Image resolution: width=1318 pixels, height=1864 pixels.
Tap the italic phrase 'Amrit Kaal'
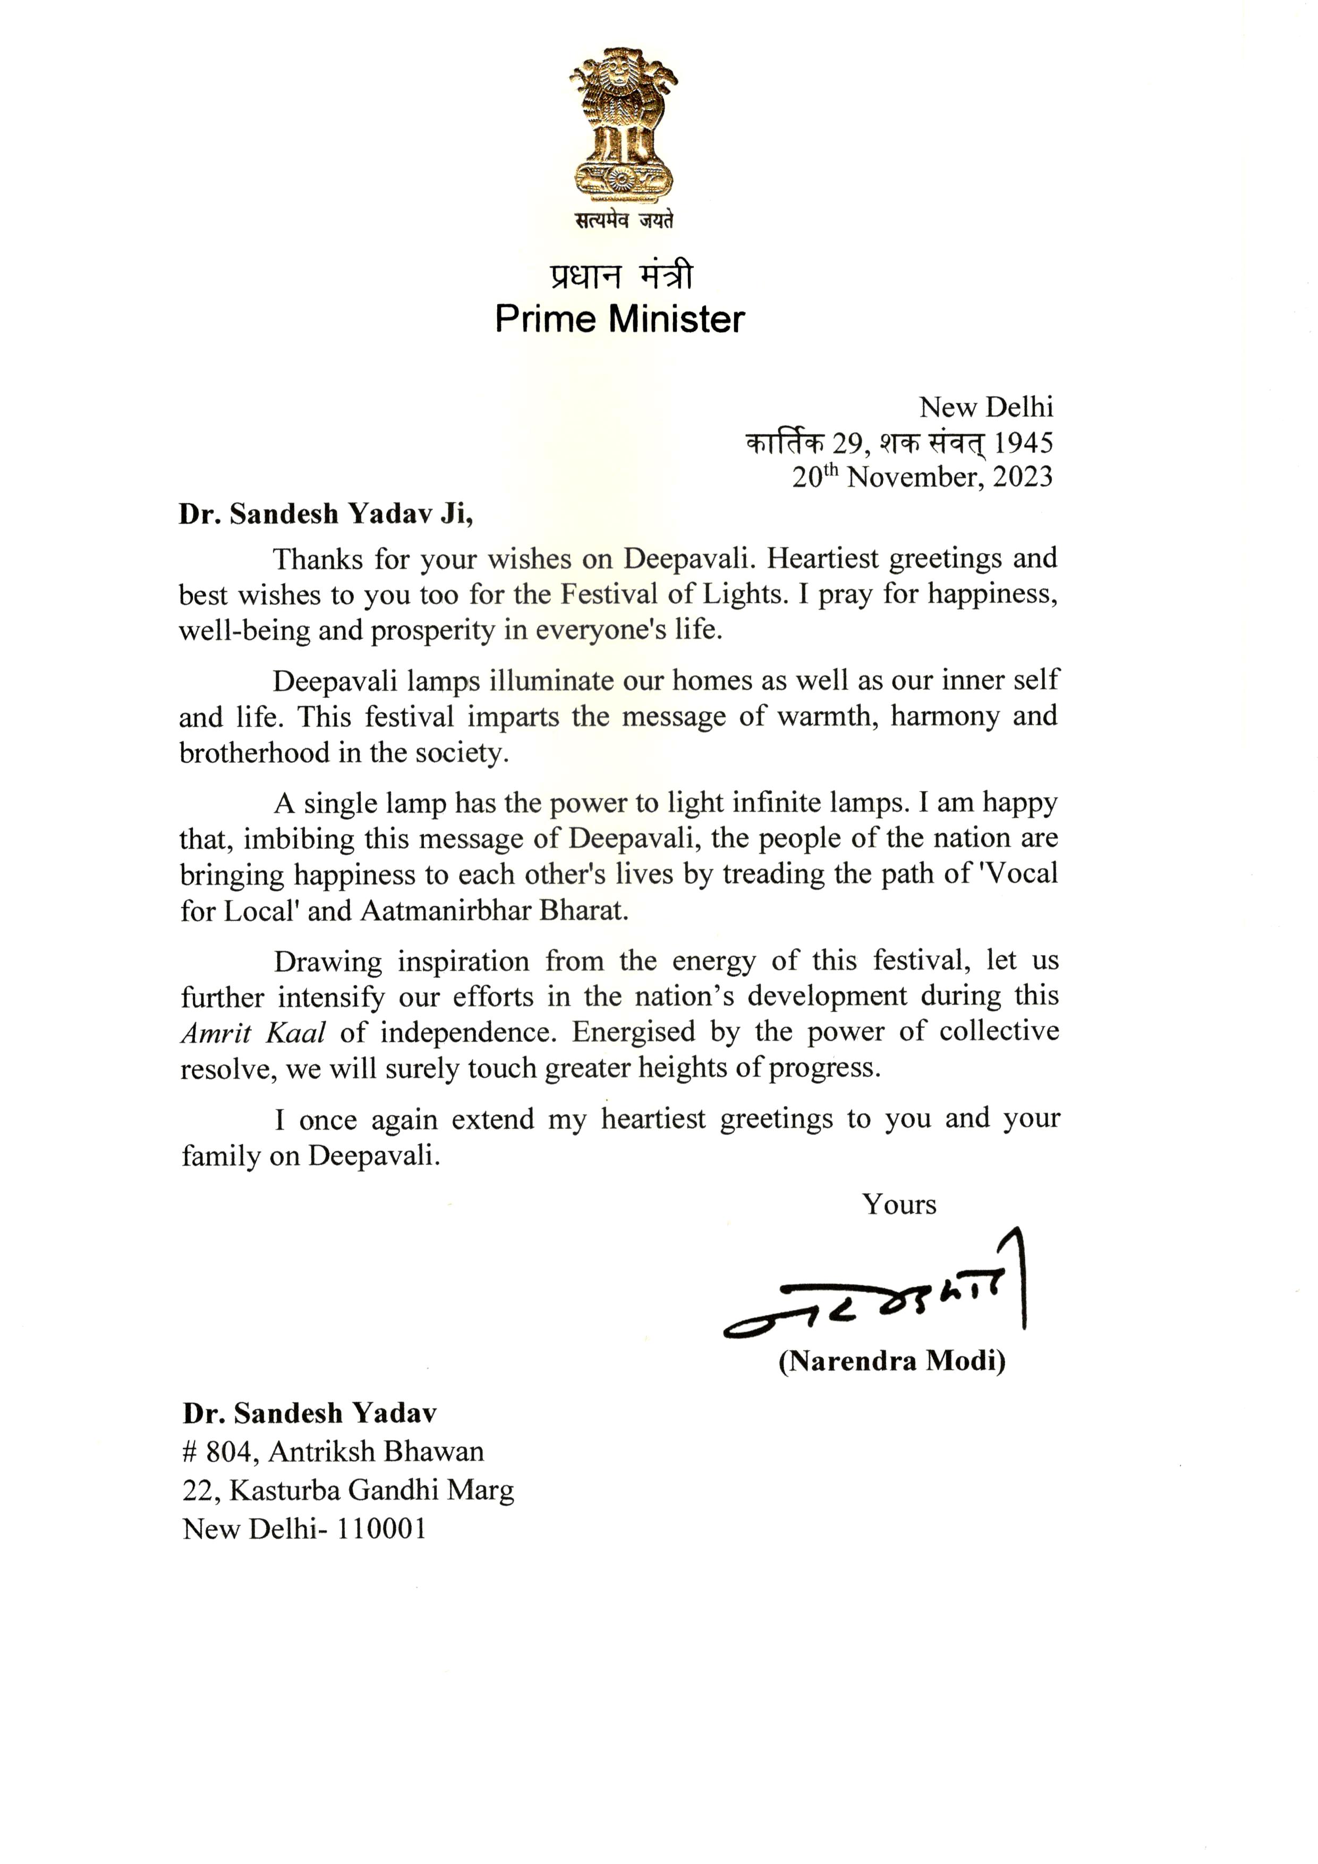coord(252,1033)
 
